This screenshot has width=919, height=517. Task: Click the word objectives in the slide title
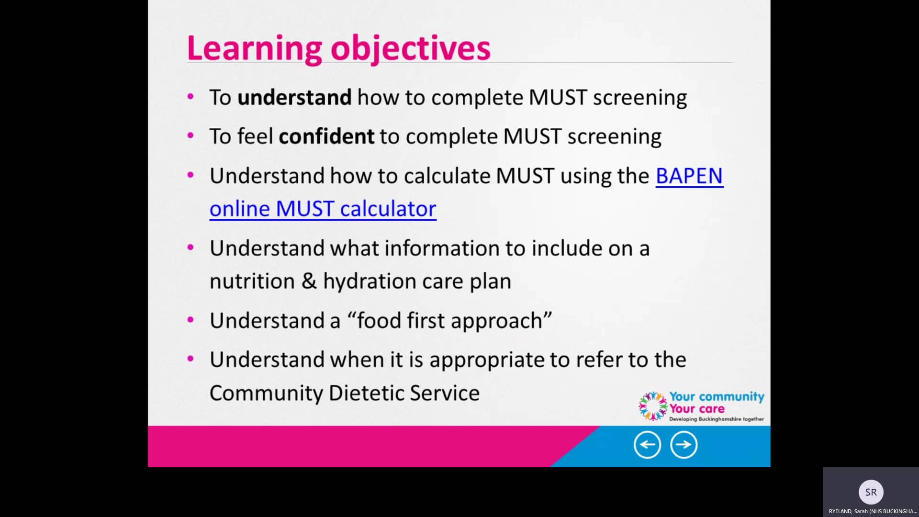tap(410, 49)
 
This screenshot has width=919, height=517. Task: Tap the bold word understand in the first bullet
tap(294, 98)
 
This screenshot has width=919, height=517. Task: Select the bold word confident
tap(326, 137)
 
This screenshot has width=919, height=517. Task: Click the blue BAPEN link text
tap(689, 176)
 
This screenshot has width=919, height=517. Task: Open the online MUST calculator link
tap(323, 209)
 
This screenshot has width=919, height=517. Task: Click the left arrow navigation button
tap(647, 445)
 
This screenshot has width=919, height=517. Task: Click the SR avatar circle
tap(871, 492)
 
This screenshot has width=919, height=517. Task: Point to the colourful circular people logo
tap(653, 406)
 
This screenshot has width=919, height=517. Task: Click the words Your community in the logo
tap(716, 396)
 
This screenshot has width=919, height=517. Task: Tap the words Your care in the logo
tap(696, 409)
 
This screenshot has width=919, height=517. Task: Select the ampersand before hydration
tap(309, 281)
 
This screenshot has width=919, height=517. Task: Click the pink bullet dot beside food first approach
tap(191, 320)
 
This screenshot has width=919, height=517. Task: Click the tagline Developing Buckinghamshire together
tap(716, 419)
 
